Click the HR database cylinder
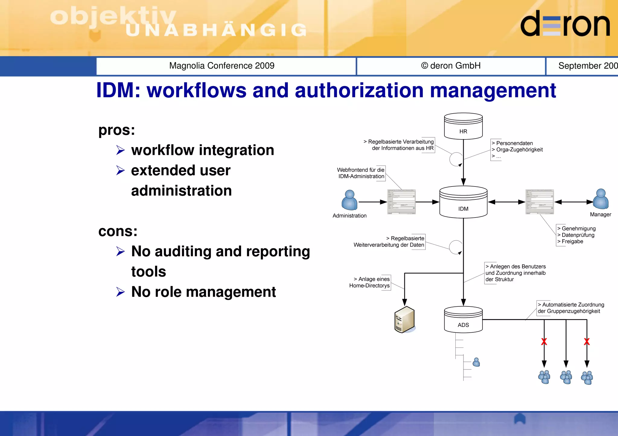point(463,126)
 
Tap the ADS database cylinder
point(463,320)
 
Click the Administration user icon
point(349,200)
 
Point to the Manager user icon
point(600,199)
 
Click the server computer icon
point(404,320)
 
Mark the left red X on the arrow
point(544,342)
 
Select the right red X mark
point(587,342)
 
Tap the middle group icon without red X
point(566,377)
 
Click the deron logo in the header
point(565,24)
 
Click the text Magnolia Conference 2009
point(222,66)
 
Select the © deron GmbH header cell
point(451,66)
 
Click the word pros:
point(117,130)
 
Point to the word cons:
point(118,231)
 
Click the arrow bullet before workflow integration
point(120,150)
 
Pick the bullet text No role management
point(203,292)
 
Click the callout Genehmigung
point(578,228)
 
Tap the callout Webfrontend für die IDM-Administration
point(361,173)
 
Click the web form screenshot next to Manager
point(539,202)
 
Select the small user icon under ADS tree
point(476,362)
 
